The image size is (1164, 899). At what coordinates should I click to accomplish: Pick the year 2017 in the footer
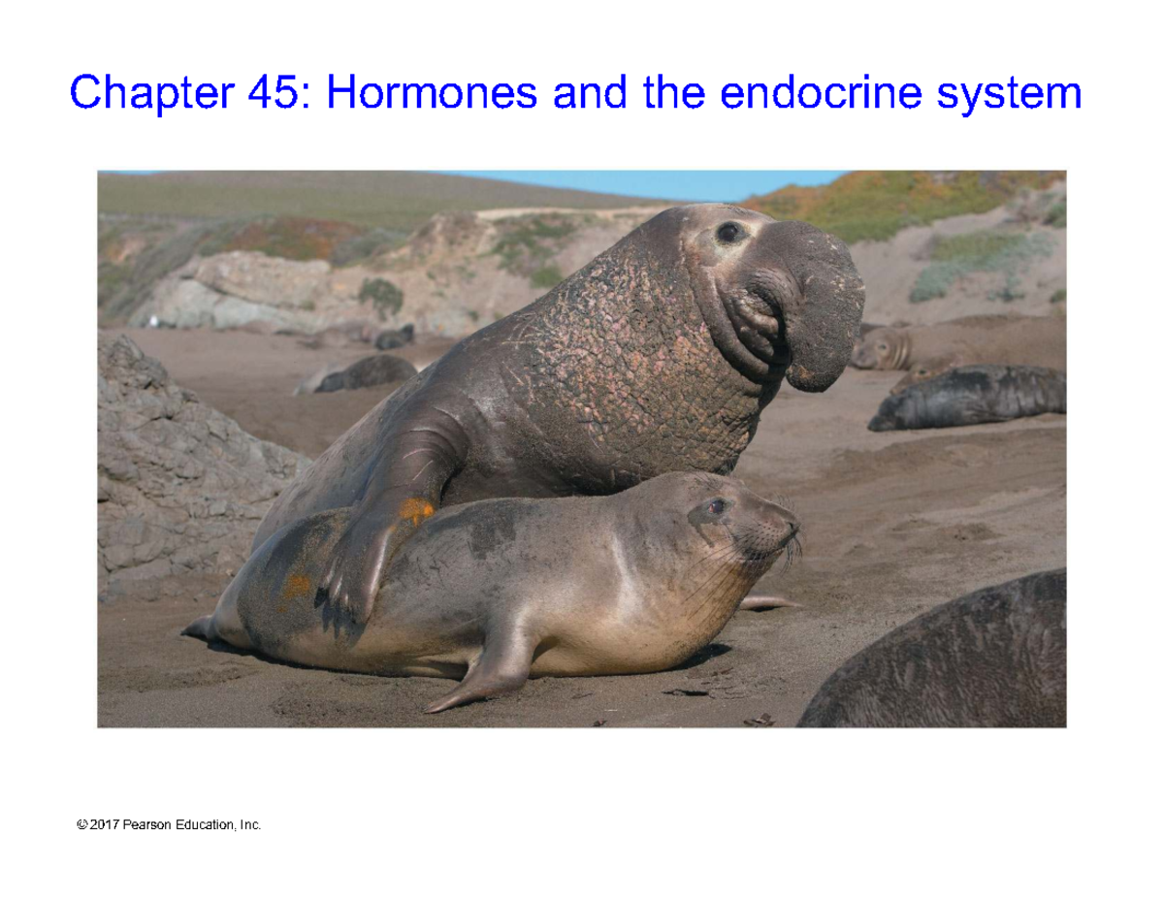pyautogui.click(x=103, y=825)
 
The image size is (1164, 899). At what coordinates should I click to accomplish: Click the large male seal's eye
pyautogui.click(x=727, y=232)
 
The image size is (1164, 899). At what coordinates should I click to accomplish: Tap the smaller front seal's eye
pyautogui.click(x=716, y=505)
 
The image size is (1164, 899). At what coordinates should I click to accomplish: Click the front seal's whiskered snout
pyautogui.click(x=781, y=533)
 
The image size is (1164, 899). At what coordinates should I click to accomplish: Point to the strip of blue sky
pyautogui.click(x=660, y=182)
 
